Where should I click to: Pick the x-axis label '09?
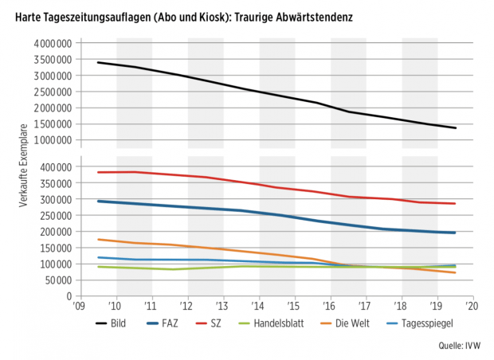tap(78, 305)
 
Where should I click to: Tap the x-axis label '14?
tap(258, 305)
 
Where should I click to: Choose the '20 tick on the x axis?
tap(472, 305)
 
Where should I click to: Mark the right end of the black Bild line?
tap(455, 128)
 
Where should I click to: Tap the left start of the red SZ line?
tap(98, 172)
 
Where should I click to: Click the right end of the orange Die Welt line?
tap(455, 272)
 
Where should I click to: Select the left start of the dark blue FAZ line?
tap(98, 201)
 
